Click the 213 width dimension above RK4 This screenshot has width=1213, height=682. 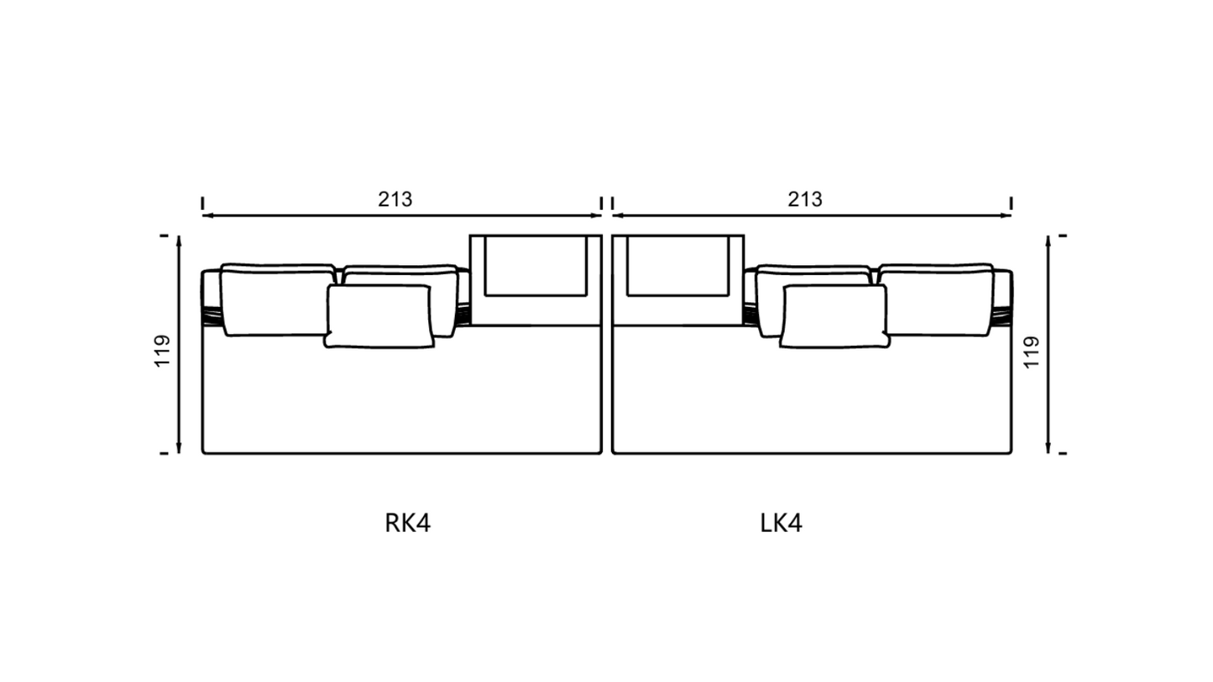[x=395, y=200]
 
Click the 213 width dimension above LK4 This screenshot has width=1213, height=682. [x=805, y=200]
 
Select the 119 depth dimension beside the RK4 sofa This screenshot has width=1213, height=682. [x=163, y=351]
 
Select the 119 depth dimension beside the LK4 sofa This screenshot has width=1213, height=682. [x=1032, y=352]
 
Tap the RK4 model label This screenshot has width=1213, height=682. [x=407, y=523]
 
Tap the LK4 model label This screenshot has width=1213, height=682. [x=781, y=523]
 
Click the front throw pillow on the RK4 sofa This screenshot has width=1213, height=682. [x=379, y=316]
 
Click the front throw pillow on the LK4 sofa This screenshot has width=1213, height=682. [x=834, y=316]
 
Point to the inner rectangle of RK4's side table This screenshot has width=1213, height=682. [x=536, y=266]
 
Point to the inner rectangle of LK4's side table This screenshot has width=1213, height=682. [x=678, y=266]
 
